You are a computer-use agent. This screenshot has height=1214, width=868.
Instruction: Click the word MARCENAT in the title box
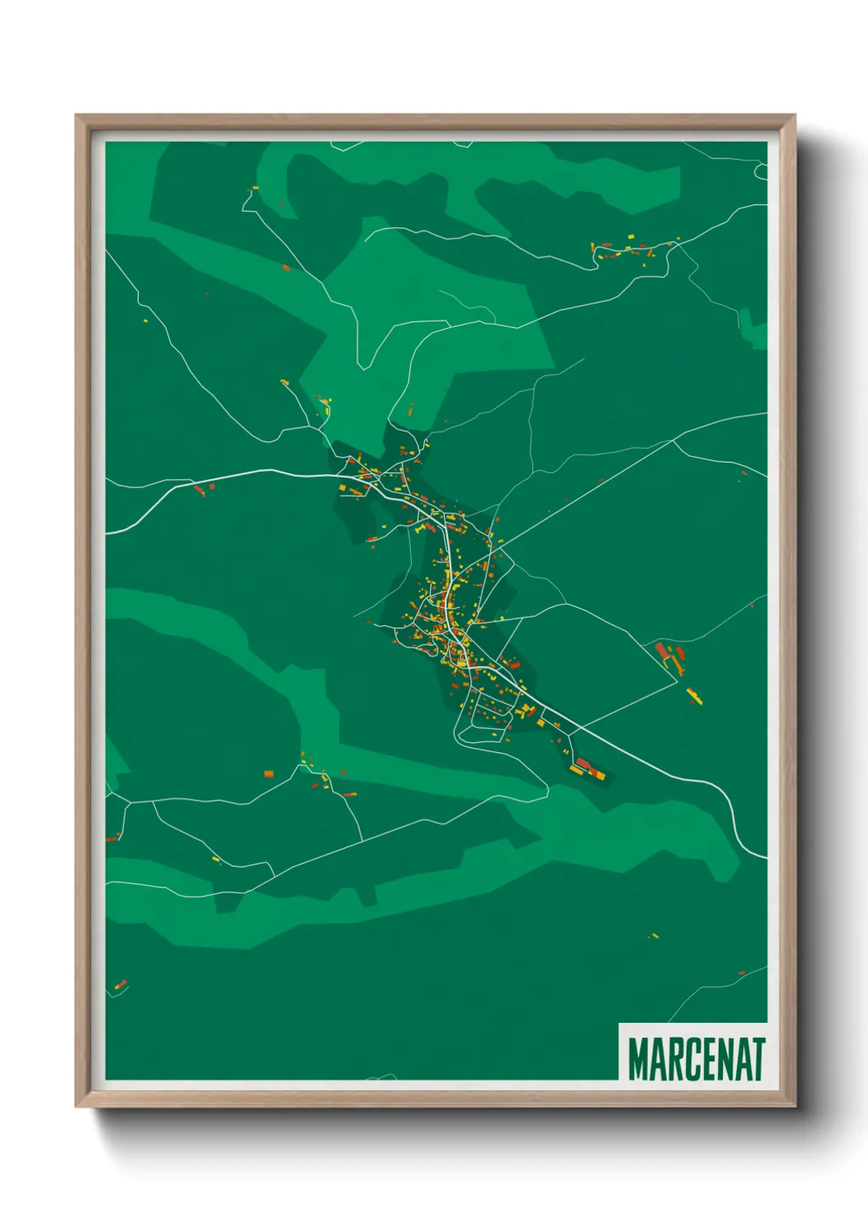point(697,1059)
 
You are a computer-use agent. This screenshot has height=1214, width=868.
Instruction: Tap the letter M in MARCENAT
point(638,1059)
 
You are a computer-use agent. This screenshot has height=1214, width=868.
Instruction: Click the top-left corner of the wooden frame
point(76,116)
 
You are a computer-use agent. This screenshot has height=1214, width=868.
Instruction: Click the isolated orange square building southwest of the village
point(268,773)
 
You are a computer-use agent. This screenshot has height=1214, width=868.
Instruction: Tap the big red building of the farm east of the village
point(661,651)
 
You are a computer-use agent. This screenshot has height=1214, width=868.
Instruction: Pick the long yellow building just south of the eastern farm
point(694,696)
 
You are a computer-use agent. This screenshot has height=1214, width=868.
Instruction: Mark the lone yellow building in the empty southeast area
point(653,935)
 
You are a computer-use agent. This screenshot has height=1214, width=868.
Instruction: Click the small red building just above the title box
point(742,973)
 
